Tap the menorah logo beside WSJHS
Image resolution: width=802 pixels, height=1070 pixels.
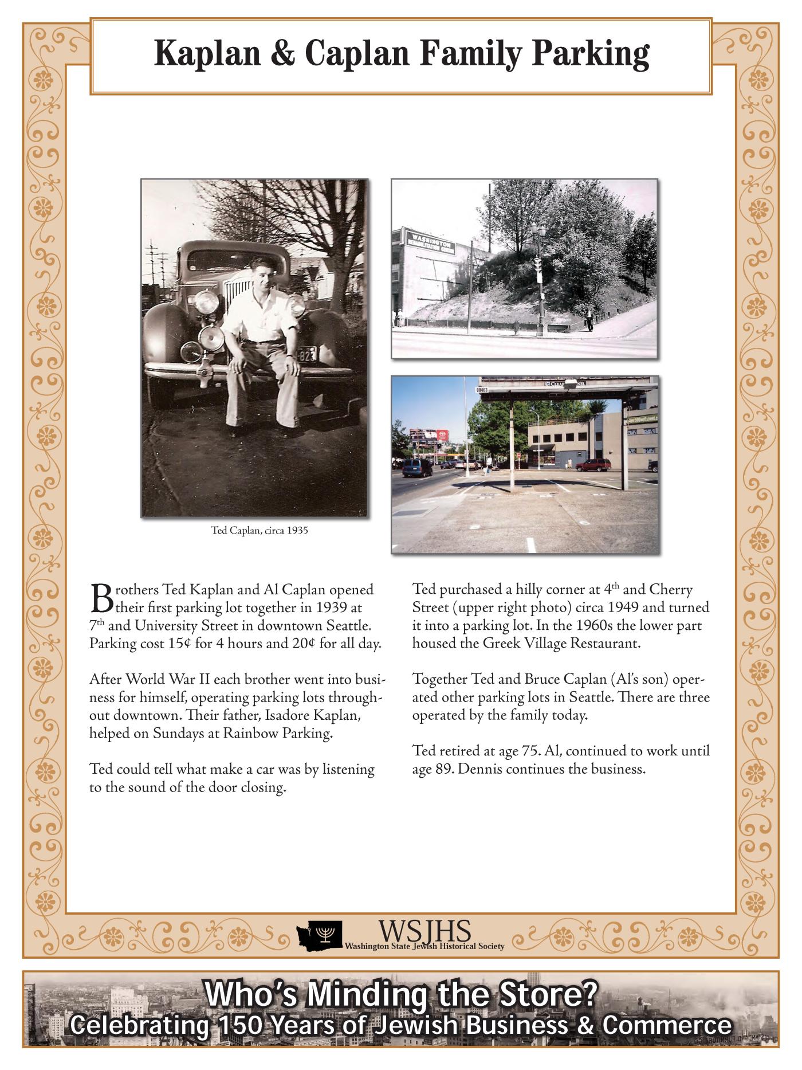click(x=327, y=935)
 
